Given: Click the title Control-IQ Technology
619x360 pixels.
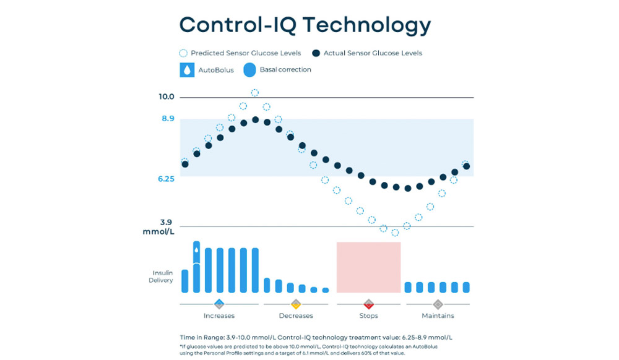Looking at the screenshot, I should pos(305,24).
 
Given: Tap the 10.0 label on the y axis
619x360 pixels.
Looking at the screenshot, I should pos(167,97).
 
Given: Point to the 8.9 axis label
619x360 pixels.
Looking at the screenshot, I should pos(168,119).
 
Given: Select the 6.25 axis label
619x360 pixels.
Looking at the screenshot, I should pos(167,179).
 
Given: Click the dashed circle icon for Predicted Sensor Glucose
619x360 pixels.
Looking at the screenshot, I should pos(183,53).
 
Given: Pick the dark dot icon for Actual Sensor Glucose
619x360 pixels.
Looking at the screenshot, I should pos(316,53).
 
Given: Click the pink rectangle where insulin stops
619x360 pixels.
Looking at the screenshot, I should pos(368,267).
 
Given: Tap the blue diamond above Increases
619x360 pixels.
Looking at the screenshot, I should pos(219,304).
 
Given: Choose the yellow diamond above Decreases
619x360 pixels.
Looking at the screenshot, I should pos(296,304).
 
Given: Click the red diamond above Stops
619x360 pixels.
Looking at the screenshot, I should pos(368,304).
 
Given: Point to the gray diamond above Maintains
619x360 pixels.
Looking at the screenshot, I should pos(438,304).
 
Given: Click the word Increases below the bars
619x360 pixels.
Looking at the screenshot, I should pos(219,316).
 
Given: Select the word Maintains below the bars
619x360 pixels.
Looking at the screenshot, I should pos(438,316).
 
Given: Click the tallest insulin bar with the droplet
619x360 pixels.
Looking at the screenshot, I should pos(196,266).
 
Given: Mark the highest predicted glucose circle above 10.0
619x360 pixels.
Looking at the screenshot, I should pos(254,93).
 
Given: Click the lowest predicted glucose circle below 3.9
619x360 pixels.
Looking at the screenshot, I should pos(395,233).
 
